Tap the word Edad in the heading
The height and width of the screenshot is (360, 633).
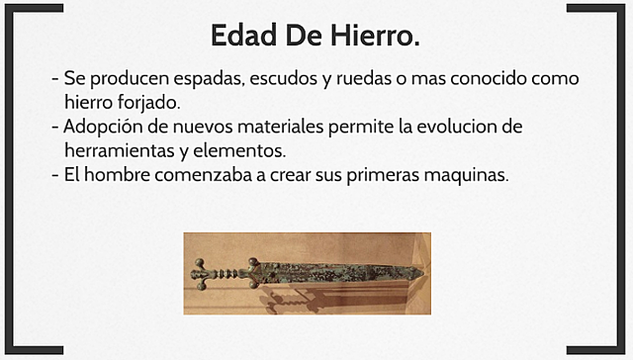tap(241, 36)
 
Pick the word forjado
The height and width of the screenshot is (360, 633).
tap(148, 102)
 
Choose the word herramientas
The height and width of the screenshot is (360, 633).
tap(124, 151)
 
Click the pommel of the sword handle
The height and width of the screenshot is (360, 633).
tap(200, 272)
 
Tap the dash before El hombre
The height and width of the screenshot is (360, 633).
tap(54, 176)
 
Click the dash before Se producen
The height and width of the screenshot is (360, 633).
tap(54, 79)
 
